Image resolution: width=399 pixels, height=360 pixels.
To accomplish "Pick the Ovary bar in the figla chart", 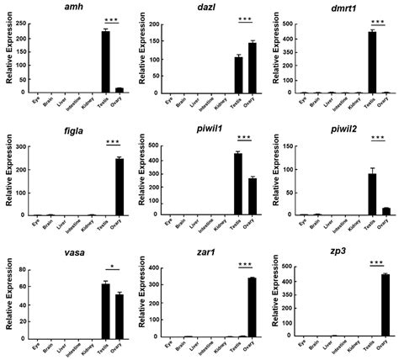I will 119,187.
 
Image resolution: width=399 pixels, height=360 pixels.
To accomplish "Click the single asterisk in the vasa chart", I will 112,263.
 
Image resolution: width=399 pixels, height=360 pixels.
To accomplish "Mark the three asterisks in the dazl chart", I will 245,18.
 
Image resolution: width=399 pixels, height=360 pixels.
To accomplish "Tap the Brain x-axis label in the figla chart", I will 50,224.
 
